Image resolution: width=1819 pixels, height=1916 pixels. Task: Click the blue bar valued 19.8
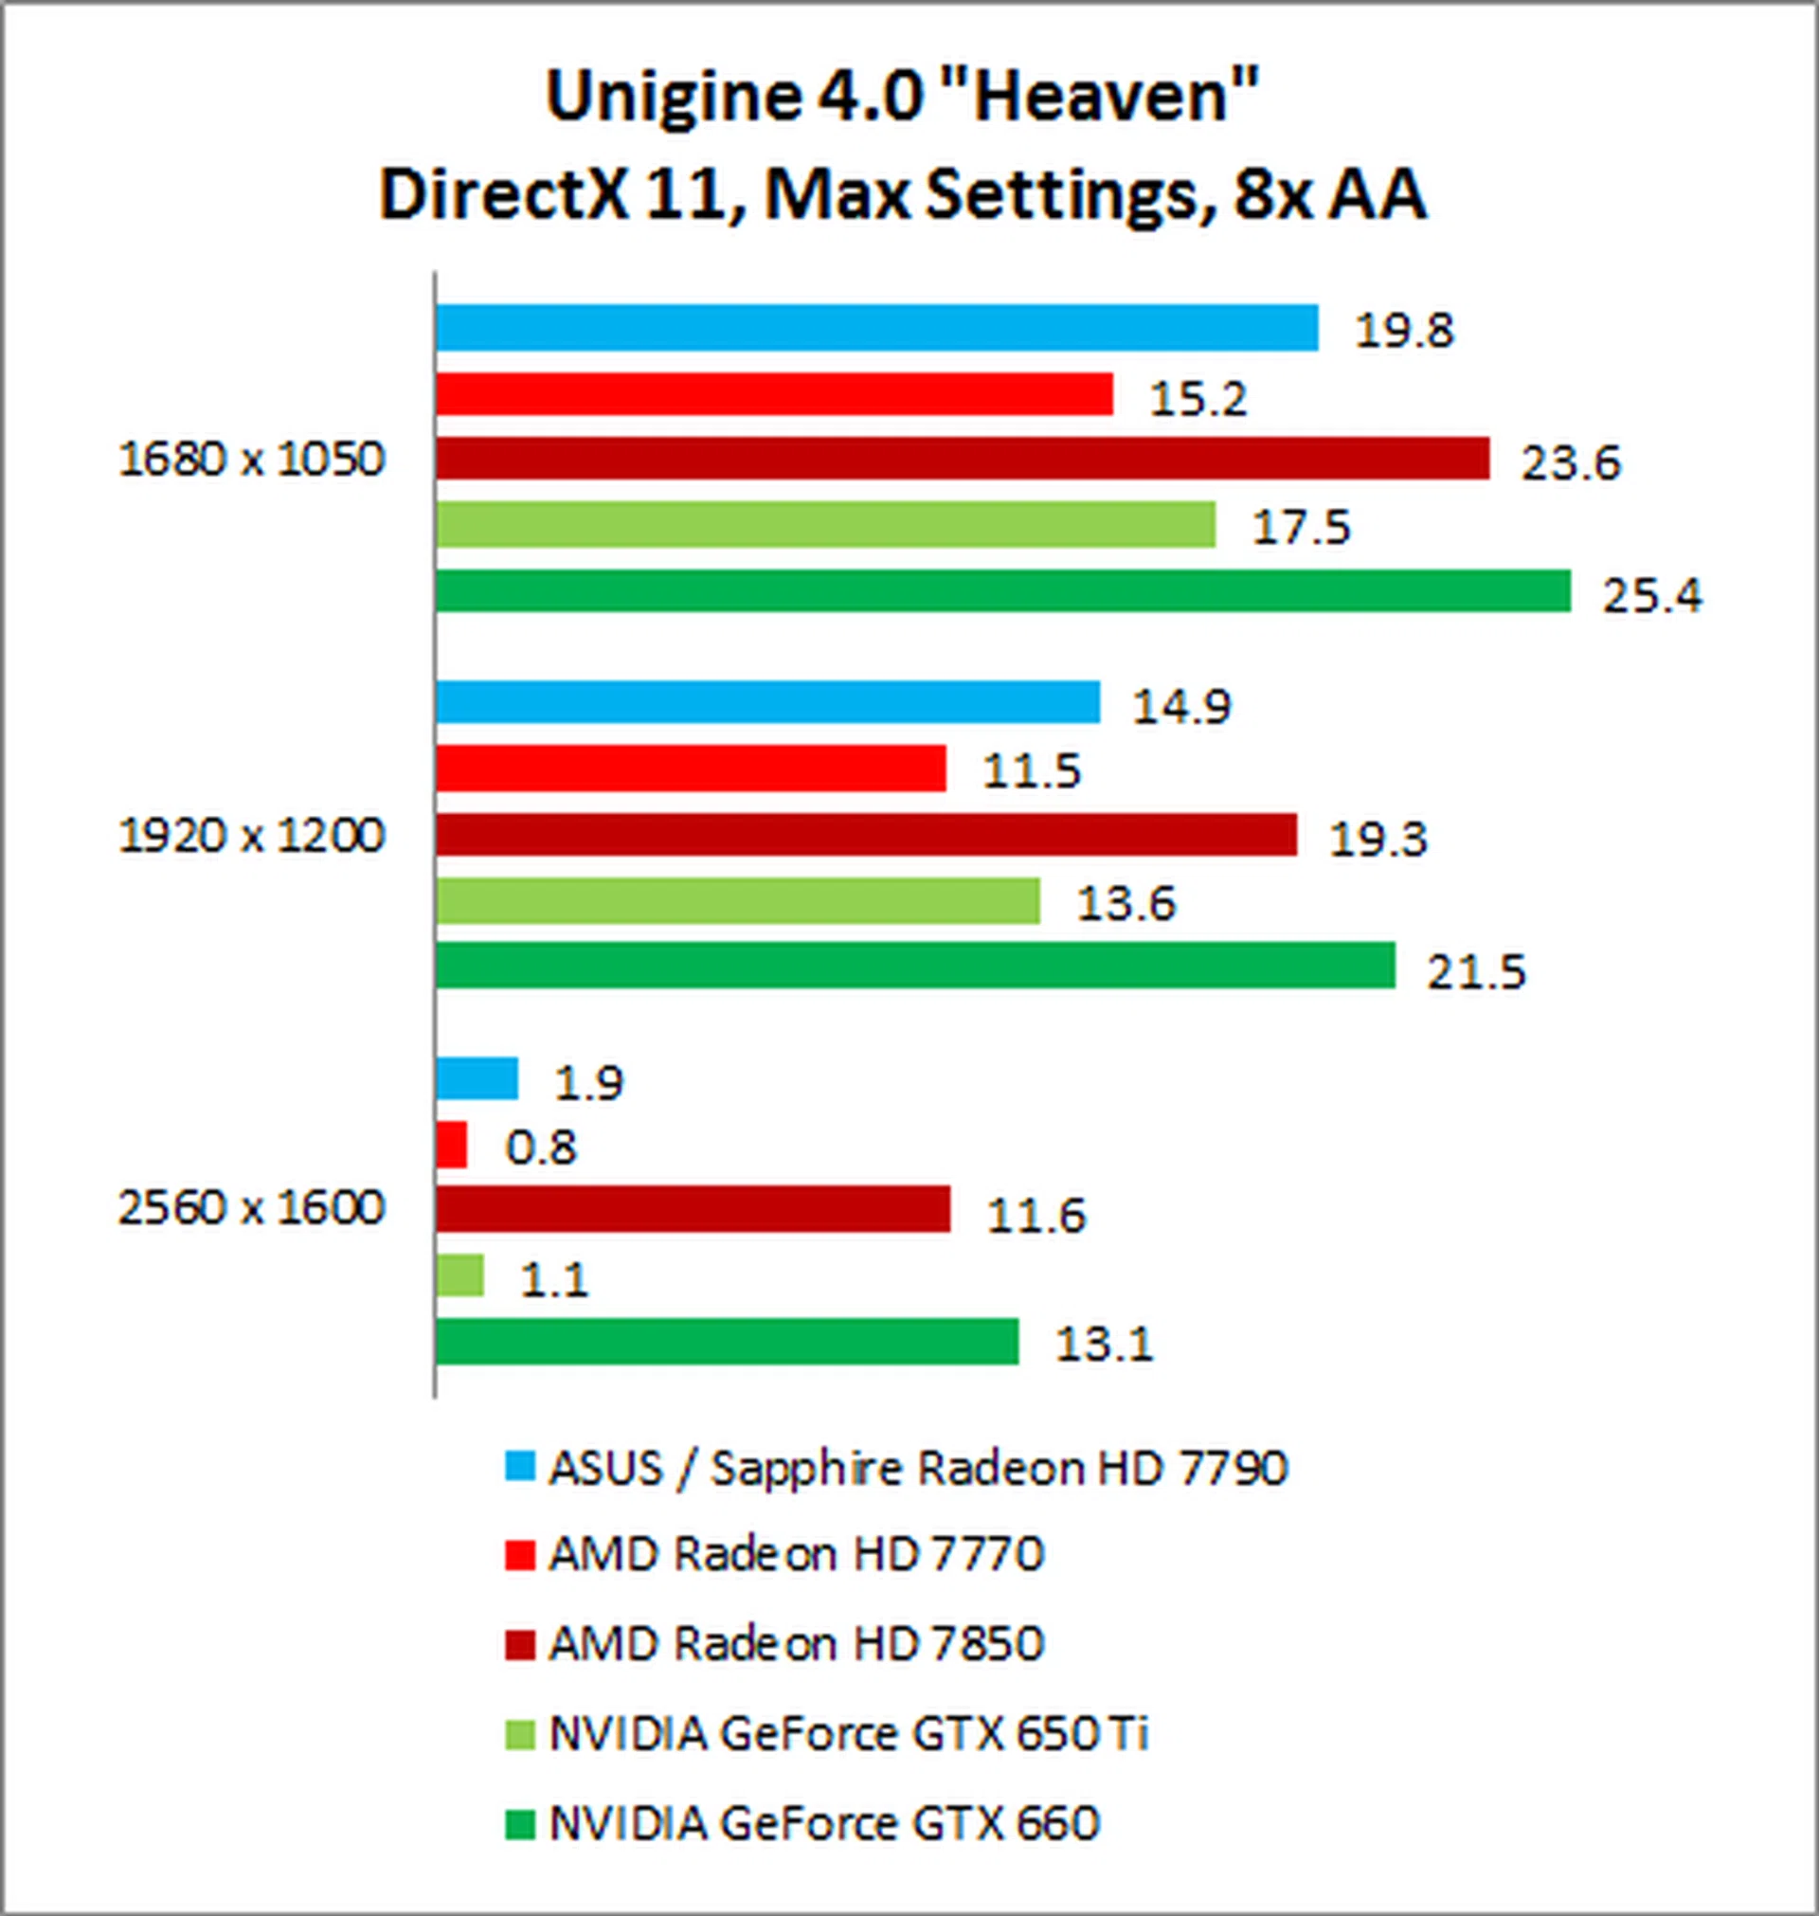pos(876,327)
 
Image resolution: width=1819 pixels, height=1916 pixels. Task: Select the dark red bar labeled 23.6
pos(962,459)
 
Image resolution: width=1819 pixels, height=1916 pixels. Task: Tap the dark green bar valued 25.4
pos(1002,590)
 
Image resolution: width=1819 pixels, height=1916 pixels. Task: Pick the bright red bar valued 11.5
pos(691,768)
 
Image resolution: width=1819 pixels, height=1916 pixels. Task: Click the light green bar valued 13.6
pos(738,901)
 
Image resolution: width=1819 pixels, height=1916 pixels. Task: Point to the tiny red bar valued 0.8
pos(452,1145)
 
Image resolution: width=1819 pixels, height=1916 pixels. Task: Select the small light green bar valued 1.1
pos(459,1275)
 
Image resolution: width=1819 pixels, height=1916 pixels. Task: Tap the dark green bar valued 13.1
pos(728,1341)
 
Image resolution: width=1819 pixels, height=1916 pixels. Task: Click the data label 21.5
pos(1476,971)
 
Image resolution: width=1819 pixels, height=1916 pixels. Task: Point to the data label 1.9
pos(588,1083)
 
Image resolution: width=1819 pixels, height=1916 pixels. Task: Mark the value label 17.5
pos(1301,529)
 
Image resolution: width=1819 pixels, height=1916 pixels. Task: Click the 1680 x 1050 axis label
pos(252,460)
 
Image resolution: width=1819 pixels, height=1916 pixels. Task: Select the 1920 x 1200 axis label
pos(252,835)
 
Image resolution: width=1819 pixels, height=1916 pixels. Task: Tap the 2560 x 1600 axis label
pos(252,1208)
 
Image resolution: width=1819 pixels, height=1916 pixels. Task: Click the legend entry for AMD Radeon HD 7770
pos(795,1554)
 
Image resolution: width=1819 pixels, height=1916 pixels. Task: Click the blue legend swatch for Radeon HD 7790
pos(520,1466)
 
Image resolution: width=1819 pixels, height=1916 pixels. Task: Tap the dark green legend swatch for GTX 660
pos(520,1824)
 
